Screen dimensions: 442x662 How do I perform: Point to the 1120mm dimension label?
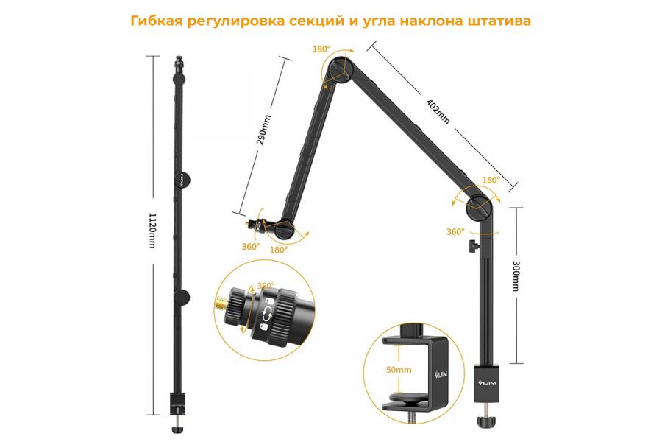pyautogui.click(x=153, y=230)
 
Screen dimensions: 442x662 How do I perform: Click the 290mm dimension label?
pyautogui.click(x=266, y=130)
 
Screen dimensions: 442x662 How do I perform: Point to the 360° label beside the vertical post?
pyautogui.click(x=455, y=231)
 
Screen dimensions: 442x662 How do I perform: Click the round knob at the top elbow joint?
pyautogui.click(x=339, y=69)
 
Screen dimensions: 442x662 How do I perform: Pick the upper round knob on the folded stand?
pyautogui.click(x=182, y=179)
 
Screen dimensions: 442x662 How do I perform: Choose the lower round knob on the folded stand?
pyautogui.click(x=182, y=297)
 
